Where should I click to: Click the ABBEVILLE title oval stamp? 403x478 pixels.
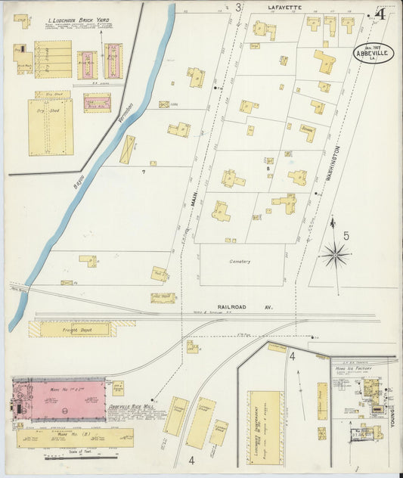point(374,53)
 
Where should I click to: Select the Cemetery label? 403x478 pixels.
point(241,262)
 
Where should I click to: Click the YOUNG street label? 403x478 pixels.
point(394,413)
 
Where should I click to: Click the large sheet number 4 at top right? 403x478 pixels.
point(382,14)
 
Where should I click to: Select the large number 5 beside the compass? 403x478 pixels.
point(346,235)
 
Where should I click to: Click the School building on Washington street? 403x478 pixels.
point(307,132)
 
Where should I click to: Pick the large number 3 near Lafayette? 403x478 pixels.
point(238,8)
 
